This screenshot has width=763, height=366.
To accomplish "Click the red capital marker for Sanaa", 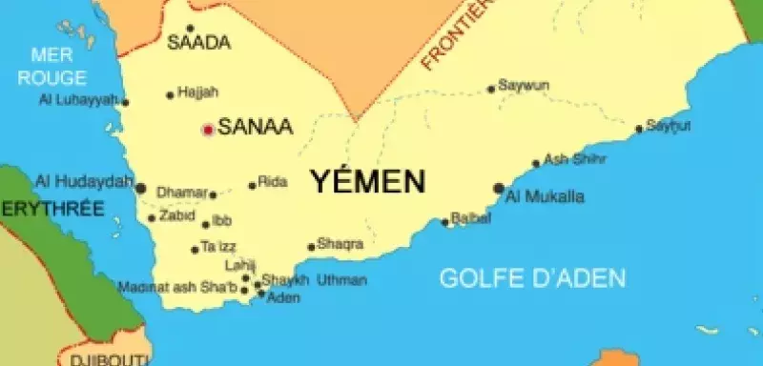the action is [x=207, y=129].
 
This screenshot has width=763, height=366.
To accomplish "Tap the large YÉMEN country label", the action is [x=367, y=182].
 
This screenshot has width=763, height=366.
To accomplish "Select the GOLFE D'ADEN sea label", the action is [x=532, y=278].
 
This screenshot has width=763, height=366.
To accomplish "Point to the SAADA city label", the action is [x=199, y=43].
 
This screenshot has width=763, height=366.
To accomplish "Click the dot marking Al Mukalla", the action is [x=498, y=188].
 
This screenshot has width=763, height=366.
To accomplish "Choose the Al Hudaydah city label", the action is [x=83, y=181].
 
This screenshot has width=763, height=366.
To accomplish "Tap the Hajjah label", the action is [x=198, y=92].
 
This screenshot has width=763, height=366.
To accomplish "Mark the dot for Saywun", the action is [x=492, y=90].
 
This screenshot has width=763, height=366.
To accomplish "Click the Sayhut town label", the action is [x=669, y=125].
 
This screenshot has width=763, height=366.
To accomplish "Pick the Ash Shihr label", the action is [x=575, y=159].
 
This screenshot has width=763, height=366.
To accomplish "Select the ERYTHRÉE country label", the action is [x=52, y=208].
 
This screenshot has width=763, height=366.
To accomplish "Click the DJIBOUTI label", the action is [x=107, y=359].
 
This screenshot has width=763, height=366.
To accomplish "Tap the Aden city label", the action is [x=283, y=298].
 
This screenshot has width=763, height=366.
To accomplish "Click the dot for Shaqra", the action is [x=311, y=247].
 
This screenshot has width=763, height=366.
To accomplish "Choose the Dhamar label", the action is [x=181, y=193].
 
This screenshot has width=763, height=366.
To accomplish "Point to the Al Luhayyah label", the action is [x=78, y=99].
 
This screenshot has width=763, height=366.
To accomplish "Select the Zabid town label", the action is [x=176, y=216].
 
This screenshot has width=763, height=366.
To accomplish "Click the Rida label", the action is [x=273, y=182].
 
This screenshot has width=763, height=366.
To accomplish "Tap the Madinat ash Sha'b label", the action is [x=177, y=286].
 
